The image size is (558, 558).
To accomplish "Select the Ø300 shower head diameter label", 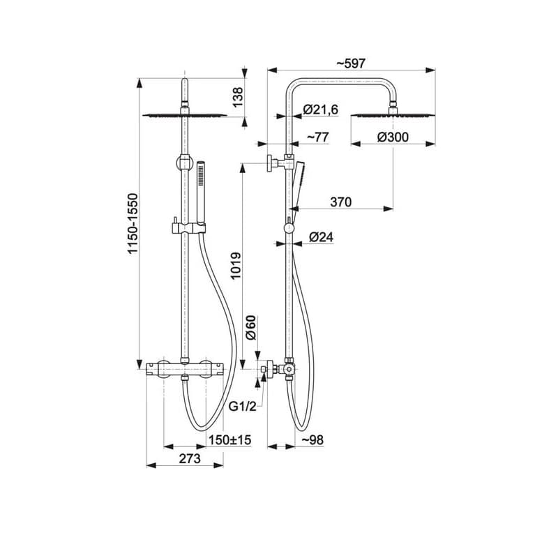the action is (x=393, y=137).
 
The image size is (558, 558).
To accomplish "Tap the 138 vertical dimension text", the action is (x=237, y=97).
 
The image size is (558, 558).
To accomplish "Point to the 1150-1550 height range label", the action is (x=133, y=223).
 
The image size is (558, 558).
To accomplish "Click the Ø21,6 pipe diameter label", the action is (x=321, y=110).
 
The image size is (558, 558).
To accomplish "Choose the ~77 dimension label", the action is (x=317, y=137).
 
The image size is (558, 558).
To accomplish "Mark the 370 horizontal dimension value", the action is (x=341, y=202).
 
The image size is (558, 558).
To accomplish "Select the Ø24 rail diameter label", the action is (x=322, y=236).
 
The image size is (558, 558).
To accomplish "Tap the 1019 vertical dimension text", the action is (x=236, y=266).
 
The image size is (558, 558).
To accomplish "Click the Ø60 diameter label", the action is (x=251, y=327).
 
